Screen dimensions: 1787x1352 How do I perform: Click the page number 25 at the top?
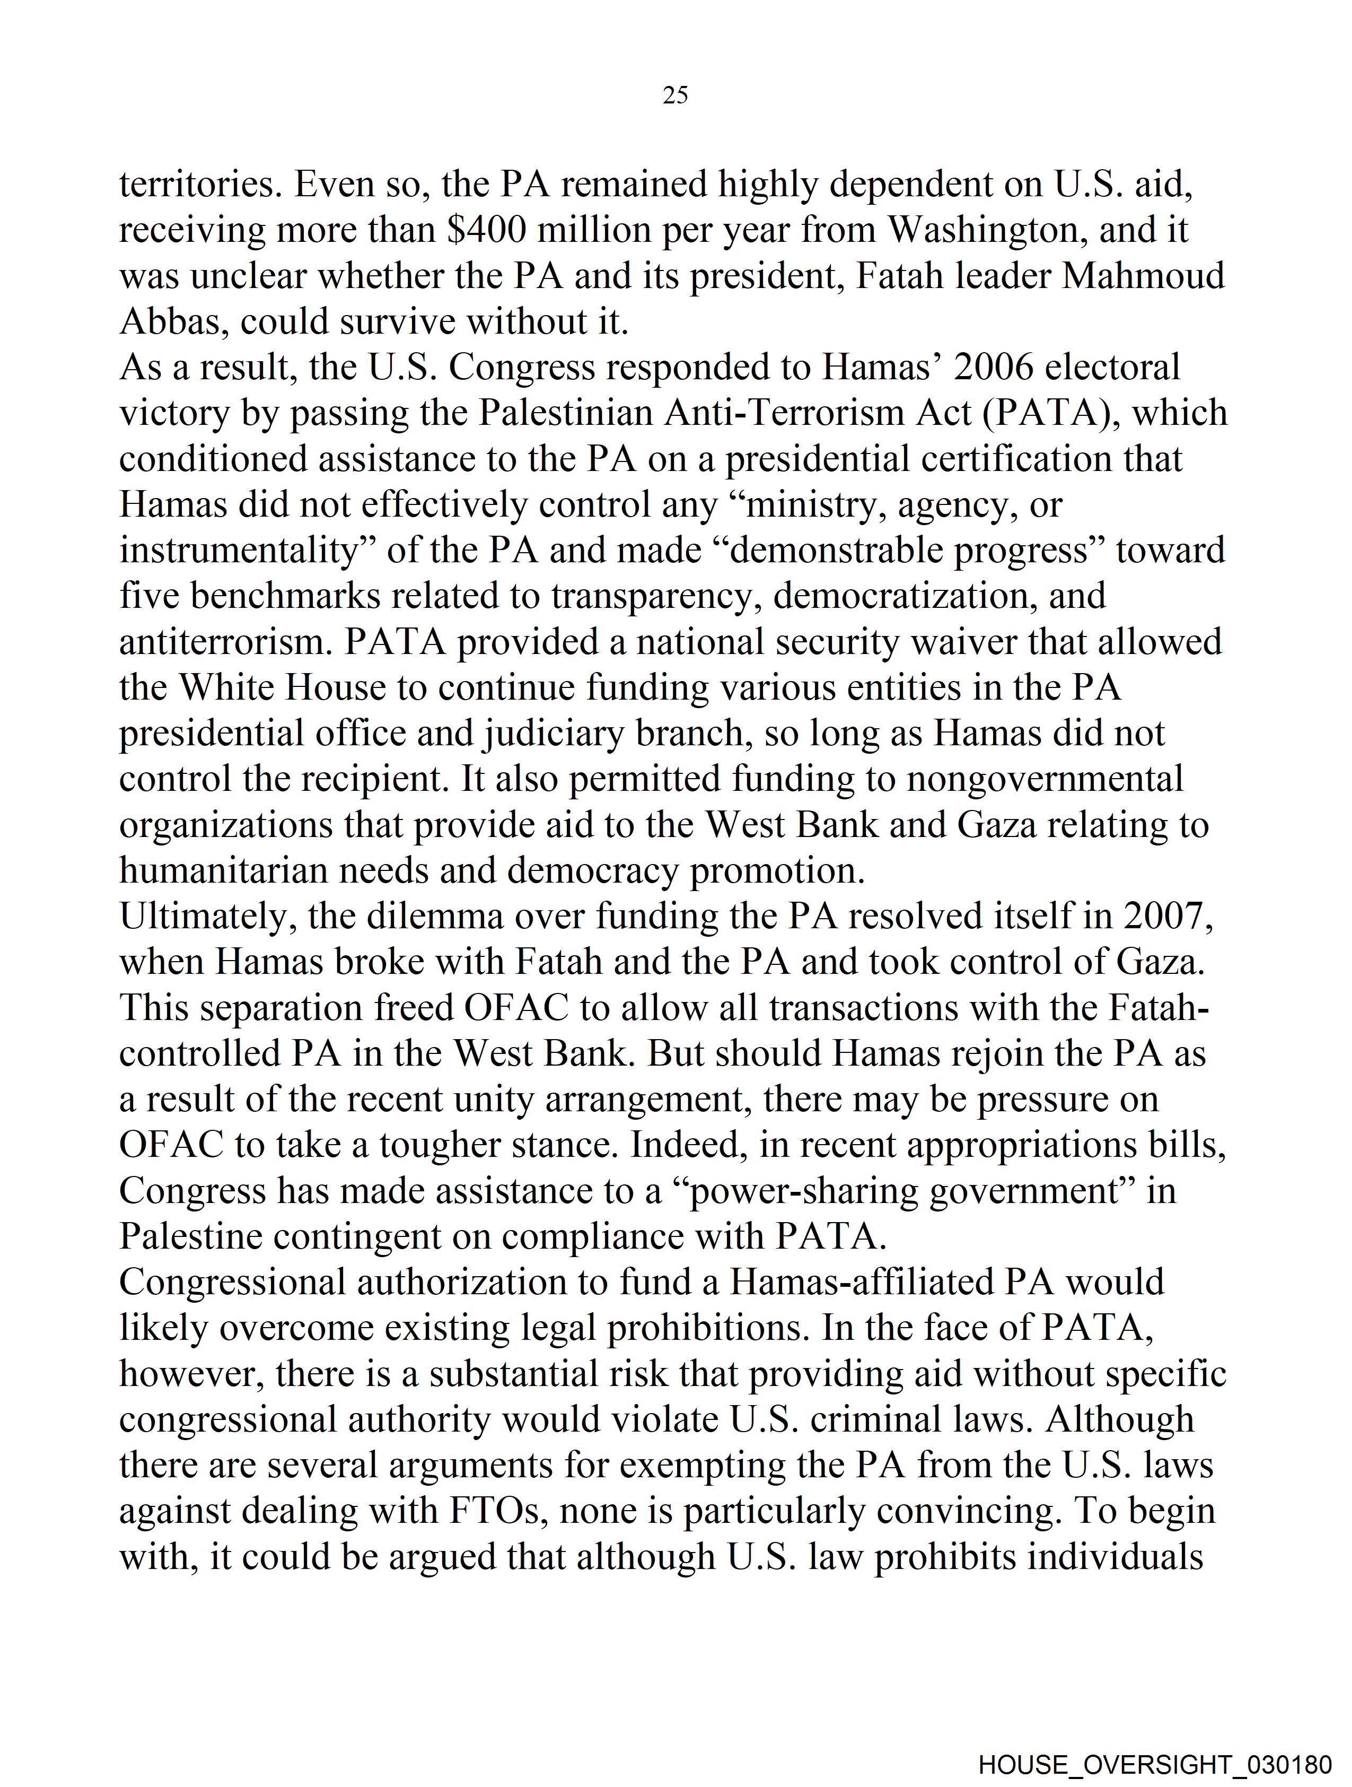pos(675,95)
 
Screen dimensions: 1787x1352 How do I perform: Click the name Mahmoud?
pos(1143,276)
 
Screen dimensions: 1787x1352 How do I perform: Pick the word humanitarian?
pos(223,871)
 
